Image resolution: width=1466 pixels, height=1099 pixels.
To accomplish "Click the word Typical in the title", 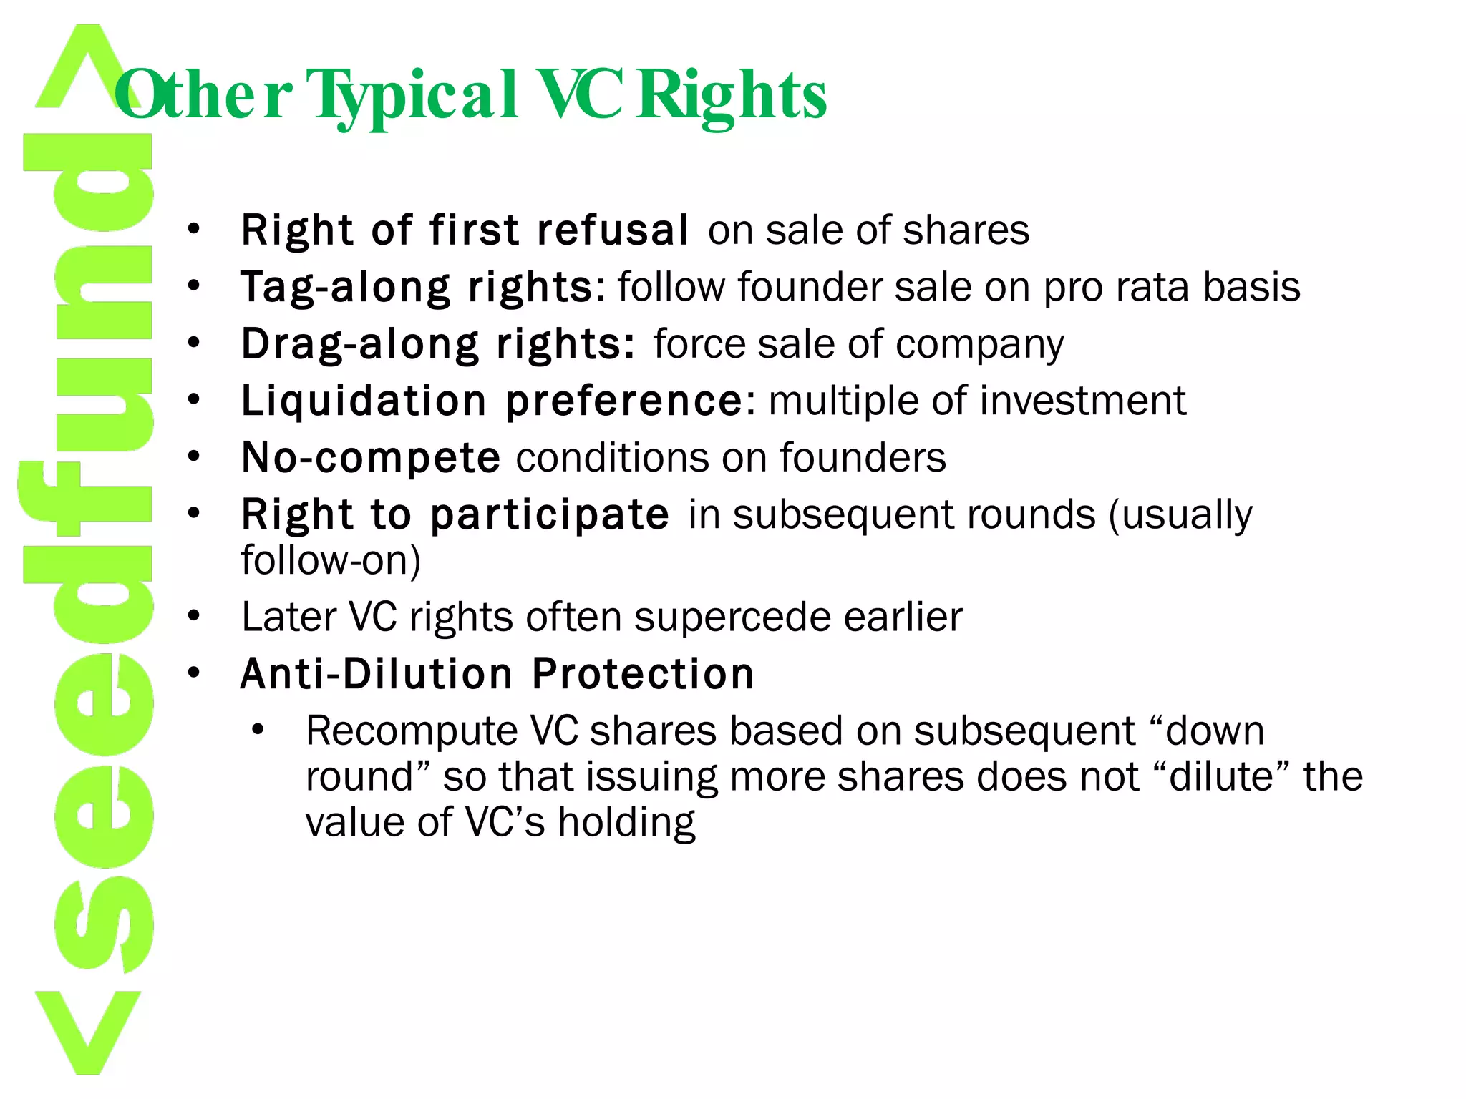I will tap(412, 96).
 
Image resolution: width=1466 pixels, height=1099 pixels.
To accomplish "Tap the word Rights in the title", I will tap(732, 96).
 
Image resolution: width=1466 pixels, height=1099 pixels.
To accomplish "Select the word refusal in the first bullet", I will tap(613, 230).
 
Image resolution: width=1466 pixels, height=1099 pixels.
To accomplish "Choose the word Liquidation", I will tap(364, 401).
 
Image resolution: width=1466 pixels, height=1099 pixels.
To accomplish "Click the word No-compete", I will tap(371, 458).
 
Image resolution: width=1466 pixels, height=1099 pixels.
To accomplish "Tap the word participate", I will tap(550, 514).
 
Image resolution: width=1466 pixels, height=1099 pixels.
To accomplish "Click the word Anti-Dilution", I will tap(377, 674).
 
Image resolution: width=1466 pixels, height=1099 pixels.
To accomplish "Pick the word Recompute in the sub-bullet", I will tap(412, 732).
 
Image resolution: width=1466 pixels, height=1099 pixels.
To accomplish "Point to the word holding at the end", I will tap(626, 823).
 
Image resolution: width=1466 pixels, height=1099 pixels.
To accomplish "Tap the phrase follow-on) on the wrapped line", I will tap(331, 560).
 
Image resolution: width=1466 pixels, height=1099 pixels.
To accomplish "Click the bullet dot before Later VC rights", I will tap(193, 617).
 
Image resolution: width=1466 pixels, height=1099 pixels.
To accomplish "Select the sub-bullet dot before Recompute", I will tap(258, 731).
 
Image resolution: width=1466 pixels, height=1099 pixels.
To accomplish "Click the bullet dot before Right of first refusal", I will tap(193, 230).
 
